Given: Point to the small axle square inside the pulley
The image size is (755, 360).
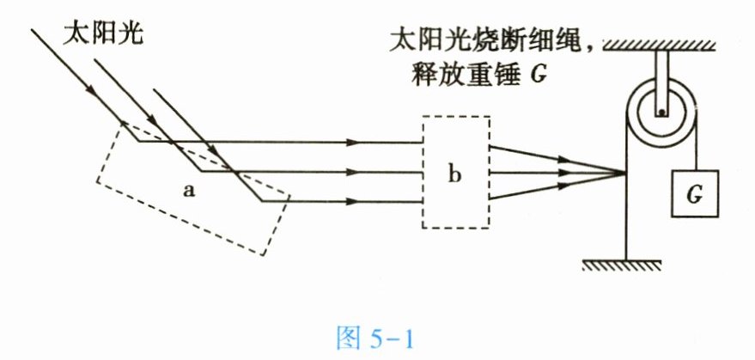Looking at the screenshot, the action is click(x=661, y=111).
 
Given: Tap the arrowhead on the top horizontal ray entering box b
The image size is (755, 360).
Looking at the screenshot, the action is click(x=350, y=142).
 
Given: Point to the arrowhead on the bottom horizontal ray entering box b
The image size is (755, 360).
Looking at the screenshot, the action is click(x=350, y=202).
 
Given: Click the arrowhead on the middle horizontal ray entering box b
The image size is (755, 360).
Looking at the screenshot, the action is click(x=350, y=172).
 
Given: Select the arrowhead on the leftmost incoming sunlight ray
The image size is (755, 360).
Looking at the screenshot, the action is click(x=86, y=86).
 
